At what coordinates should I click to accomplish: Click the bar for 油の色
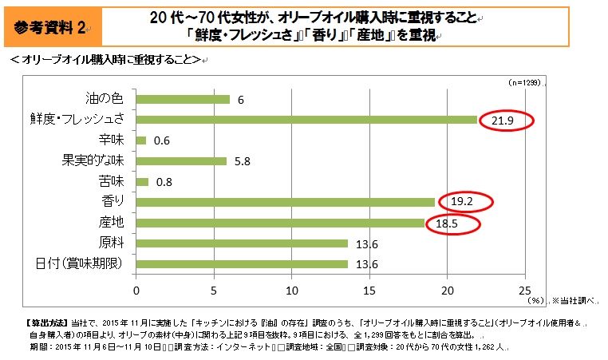pyautogui.click(x=183, y=99)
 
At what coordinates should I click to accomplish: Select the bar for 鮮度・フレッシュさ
pyautogui.click(x=306, y=120)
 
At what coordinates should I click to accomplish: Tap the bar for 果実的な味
pyautogui.click(x=181, y=160)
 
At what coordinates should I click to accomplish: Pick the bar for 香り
pyautogui.click(x=286, y=202)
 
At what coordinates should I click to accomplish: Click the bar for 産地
pyautogui.click(x=280, y=223)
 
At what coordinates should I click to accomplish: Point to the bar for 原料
pyautogui.click(x=242, y=243)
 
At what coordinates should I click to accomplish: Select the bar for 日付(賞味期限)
pyautogui.click(x=242, y=264)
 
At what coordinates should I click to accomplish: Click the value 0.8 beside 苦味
pyautogui.click(x=164, y=182)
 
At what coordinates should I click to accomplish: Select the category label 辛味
pyautogui.click(x=110, y=140)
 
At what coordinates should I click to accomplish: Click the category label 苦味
pyautogui.click(x=110, y=181)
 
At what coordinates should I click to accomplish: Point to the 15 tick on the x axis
pyautogui.click(x=369, y=290)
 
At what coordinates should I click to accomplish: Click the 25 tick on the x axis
pyautogui.click(x=524, y=290)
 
